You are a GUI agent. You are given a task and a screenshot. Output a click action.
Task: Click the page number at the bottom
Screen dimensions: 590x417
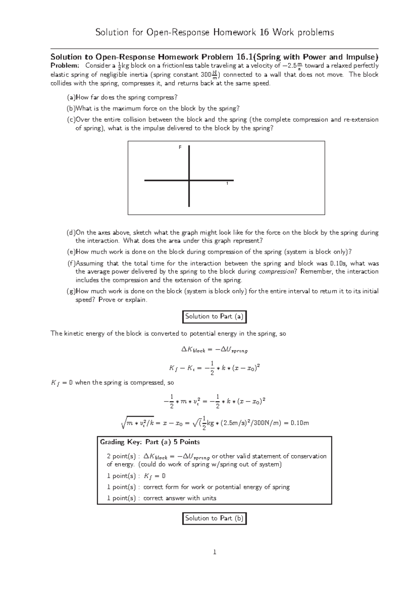click(215, 552)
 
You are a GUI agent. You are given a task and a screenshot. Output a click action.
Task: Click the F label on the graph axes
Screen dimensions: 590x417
click(180, 147)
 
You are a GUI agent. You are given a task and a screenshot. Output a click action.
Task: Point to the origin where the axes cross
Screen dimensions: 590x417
click(189, 180)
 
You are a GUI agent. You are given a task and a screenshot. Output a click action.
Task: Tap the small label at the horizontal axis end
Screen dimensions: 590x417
click(227, 183)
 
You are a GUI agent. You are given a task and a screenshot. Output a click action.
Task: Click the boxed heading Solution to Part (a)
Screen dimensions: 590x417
click(215, 317)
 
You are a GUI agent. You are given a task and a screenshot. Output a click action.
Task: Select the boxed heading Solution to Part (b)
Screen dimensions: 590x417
click(214, 518)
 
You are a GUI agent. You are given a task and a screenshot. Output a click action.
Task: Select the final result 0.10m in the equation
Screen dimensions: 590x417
click(300, 423)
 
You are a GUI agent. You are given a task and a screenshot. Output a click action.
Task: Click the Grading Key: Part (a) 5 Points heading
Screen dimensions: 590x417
click(150, 442)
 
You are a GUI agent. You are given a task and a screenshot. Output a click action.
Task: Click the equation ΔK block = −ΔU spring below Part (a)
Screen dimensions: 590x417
click(214, 350)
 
